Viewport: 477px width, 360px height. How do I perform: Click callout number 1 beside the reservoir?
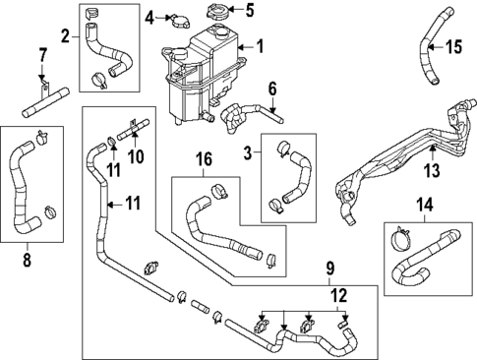coord(260,45)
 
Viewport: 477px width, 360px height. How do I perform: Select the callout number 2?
coord(65,37)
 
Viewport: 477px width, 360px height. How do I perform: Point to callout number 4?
coord(149,17)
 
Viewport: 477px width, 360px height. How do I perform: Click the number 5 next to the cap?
coord(249,12)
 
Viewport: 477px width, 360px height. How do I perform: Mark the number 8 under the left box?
coord(27,262)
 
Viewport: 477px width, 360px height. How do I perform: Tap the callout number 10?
coord(136,155)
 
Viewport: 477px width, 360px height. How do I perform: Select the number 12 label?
coord(338,294)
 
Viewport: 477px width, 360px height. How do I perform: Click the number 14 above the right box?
coord(425,206)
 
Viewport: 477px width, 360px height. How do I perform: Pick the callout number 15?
coord(453,46)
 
